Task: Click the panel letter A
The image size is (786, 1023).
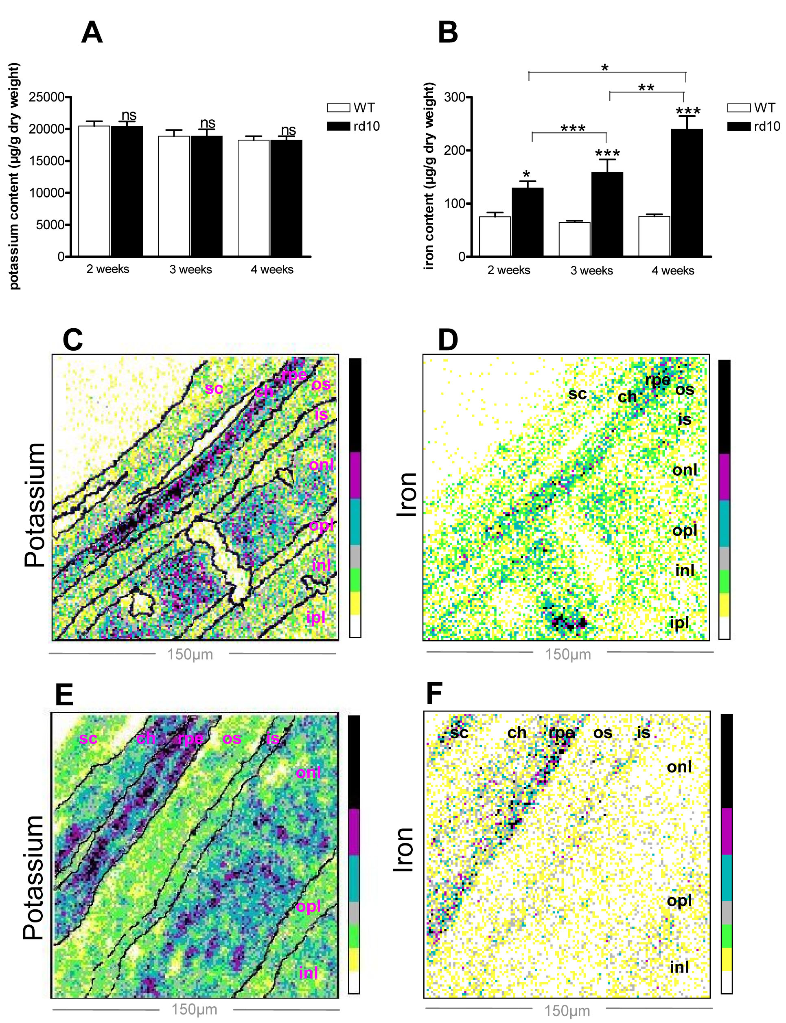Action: click(92, 33)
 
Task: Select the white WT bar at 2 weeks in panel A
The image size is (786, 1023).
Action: click(94, 191)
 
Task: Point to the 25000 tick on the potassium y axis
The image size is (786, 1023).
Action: click(46, 97)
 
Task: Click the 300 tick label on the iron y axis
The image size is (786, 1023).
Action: click(454, 97)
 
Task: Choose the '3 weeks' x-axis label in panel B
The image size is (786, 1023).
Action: click(591, 270)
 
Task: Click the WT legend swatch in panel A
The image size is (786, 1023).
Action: click(338, 108)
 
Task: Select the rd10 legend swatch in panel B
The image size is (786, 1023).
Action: click(739, 126)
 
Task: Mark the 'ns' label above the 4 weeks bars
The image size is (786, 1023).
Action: click(288, 130)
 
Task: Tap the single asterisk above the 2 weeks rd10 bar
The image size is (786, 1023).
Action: click(526, 175)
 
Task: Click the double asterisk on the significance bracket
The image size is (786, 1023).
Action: click(646, 88)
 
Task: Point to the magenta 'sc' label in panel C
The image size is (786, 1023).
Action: click(214, 388)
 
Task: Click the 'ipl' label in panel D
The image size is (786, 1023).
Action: click(679, 622)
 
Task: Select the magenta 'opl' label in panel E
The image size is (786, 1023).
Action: click(308, 907)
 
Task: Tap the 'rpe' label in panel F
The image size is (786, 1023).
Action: click(561, 732)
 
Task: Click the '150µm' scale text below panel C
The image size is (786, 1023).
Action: click(190, 654)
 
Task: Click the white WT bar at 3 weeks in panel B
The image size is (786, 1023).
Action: click(574, 239)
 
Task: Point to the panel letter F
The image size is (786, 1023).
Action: click(434, 694)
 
